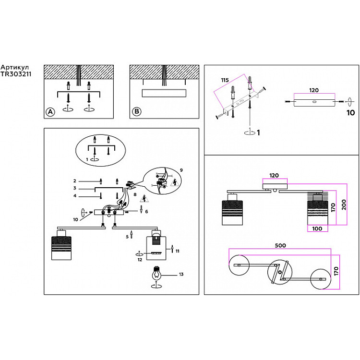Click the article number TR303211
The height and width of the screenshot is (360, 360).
(x=15, y=75)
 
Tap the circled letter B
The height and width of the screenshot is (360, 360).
(x=137, y=112)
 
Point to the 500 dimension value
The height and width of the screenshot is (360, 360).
(x=280, y=245)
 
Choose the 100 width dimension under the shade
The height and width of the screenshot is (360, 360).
(x=316, y=228)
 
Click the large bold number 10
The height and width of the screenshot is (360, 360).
(x=350, y=113)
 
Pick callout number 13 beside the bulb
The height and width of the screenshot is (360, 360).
(x=180, y=275)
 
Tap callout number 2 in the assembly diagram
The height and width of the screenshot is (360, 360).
(x=75, y=181)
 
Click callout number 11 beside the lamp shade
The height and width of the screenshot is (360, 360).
(x=177, y=251)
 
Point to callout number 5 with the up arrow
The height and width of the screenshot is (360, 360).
(x=127, y=237)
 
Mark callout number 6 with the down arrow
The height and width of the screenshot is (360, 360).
(x=146, y=211)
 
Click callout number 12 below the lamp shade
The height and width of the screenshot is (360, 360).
(x=140, y=259)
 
